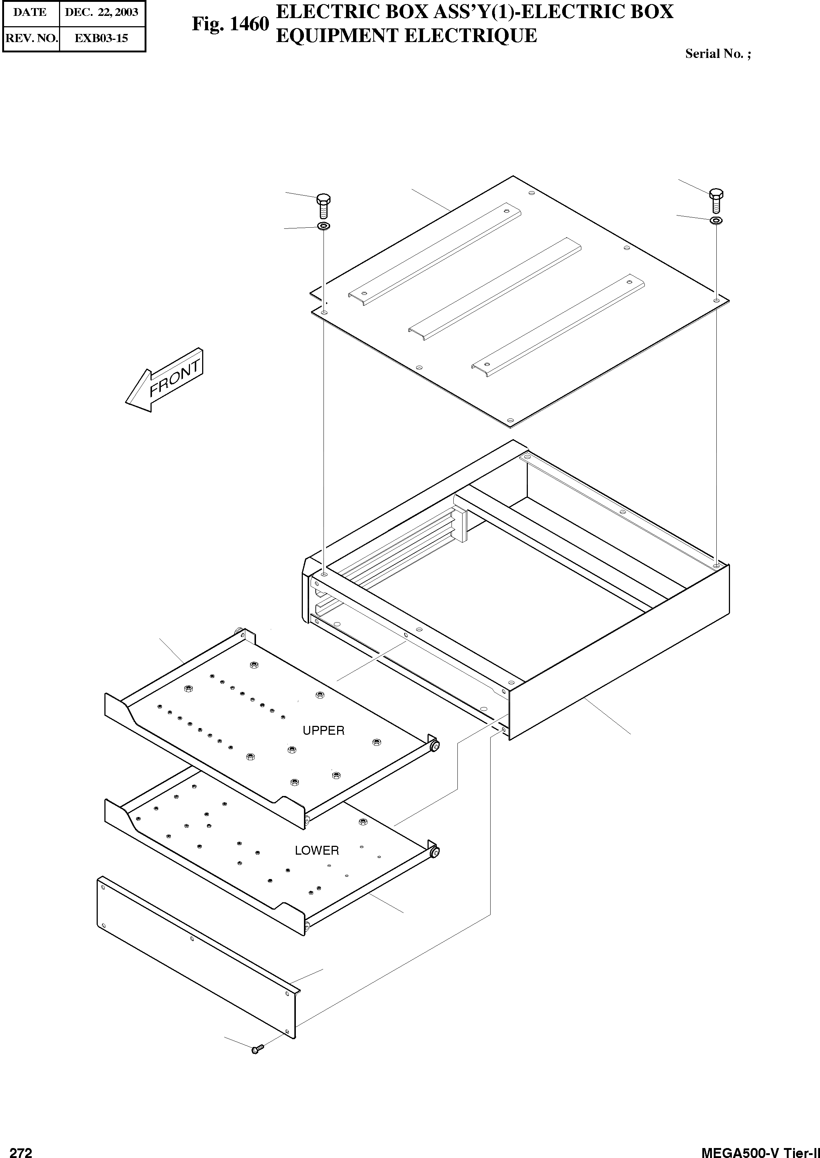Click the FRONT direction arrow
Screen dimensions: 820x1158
point(164,379)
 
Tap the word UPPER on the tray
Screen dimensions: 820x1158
point(323,730)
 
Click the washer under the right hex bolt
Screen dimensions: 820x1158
point(716,220)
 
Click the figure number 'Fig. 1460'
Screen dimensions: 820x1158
point(230,24)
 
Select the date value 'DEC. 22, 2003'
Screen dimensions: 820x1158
point(101,12)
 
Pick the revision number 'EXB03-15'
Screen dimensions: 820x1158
point(101,38)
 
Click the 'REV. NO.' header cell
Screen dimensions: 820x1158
point(31,38)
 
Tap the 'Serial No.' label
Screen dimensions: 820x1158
point(717,54)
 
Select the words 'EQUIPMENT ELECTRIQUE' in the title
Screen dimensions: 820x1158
point(406,36)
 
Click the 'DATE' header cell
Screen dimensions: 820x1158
point(30,12)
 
